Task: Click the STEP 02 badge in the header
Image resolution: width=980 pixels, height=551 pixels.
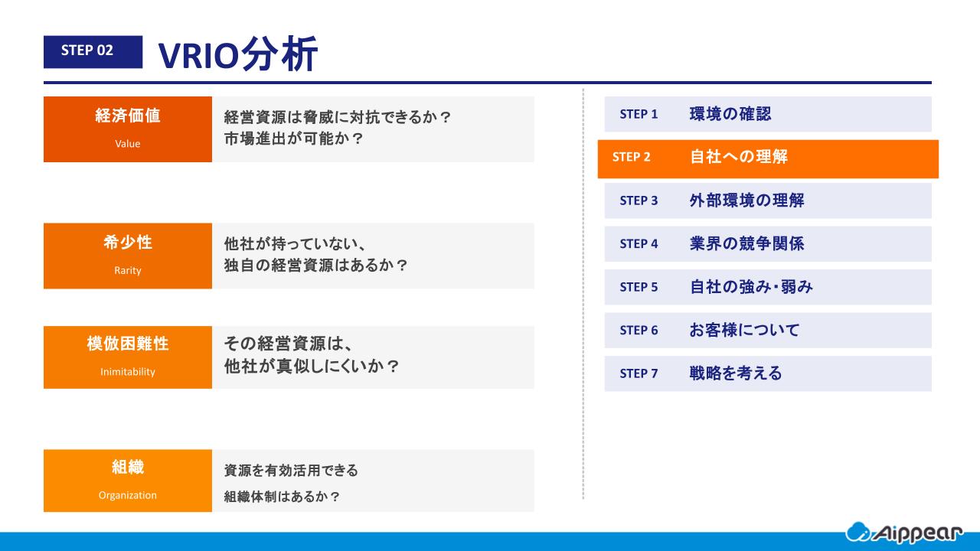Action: (93, 51)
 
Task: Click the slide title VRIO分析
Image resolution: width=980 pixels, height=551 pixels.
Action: (237, 54)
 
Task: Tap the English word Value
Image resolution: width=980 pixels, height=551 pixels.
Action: (128, 143)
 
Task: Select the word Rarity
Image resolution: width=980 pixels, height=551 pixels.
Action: (128, 270)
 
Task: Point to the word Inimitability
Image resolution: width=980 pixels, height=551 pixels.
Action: (128, 372)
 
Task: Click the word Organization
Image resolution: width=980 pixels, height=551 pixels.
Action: (128, 495)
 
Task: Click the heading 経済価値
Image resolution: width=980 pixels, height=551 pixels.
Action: (128, 116)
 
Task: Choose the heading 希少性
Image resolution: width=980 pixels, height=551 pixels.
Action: (128, 242)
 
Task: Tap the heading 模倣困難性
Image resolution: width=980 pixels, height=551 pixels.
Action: (128, 344)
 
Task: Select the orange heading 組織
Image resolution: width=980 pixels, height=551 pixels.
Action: (128, 467)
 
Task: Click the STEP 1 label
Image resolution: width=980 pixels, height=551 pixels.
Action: (639, 114)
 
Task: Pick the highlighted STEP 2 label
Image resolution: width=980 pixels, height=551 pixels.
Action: (632, 157)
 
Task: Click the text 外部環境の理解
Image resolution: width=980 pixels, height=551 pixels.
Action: (746, 201)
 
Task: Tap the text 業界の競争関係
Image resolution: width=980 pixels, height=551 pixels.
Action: (746, 243)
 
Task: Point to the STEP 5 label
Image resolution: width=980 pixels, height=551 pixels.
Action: (639, 287)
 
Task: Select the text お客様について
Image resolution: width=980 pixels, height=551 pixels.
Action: (744, 330)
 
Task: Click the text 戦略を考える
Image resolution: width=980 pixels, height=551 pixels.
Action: (736, 373)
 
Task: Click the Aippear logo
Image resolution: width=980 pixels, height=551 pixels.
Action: (904, 533)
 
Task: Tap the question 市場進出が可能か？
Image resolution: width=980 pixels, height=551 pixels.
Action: (293, 139)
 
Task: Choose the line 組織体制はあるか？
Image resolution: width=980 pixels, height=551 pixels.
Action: (282, 497)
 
